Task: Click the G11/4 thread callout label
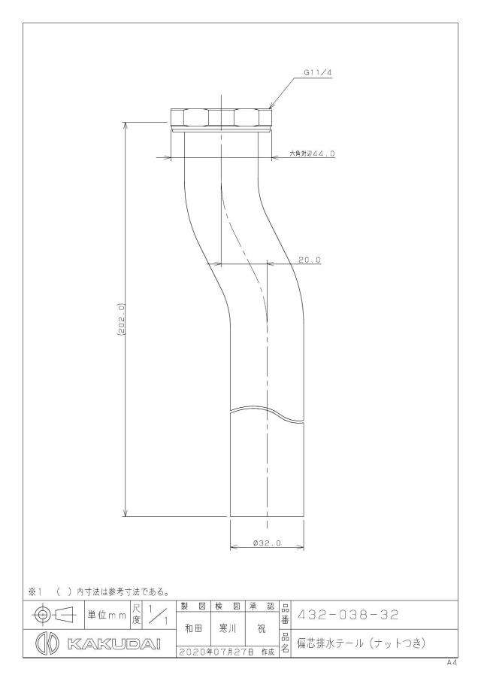tap(317, 73)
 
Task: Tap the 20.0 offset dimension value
tap(310, 260)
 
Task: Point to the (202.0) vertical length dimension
tap(122, 319)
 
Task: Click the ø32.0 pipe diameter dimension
tap(267, 543)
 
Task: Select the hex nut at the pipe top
tap(221, 117)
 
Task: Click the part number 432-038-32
tap(347, 615)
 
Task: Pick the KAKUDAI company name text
tap(114, 643)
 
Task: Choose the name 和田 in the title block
tap(193, 628)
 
